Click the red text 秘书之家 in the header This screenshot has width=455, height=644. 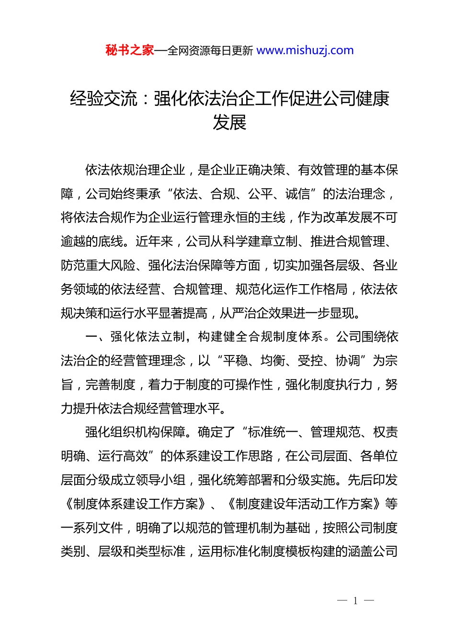(x=130, y=50)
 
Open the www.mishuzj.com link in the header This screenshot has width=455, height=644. (x=305, y=50)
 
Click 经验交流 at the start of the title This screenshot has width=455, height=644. (x=103, y=99)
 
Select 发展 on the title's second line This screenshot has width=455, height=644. (x=229, y=123)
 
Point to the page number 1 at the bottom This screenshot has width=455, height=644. (x=355, y=601)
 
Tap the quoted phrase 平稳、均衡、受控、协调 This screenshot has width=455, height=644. (x=292, y=361)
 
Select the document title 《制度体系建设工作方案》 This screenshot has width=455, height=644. (x=136, y=504)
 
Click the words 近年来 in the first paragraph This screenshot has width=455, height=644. (x=154, y=241)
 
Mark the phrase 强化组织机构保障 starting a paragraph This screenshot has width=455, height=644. (x=136, y=432)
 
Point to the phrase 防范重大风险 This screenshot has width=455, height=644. (x=98, y=265)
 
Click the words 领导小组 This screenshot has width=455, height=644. (x=160, y=480)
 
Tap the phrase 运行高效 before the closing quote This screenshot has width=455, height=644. (x=123, y=456)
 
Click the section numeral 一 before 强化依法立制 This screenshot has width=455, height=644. (x=91, y=337)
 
